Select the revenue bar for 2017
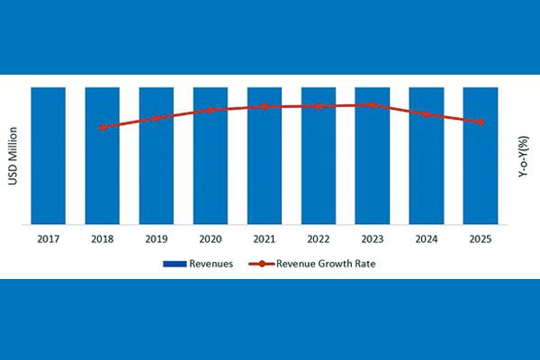pyautogui.click(x=48, y=155)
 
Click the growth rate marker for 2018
pyautogui.click(x=103, y=128)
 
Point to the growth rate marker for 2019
pyautogui.click(x=157, y=118)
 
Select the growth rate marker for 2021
pyautogui.click(x=265, y=106)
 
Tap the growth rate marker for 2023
pyautogui.click(x=373, y=105)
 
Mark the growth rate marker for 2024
pyautogui.click(x=427, y=114)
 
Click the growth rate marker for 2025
pyautogui.click(x=481, y=121)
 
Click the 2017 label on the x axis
pyautogui.click(x=48, y=239)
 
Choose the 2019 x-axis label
pyautogui.click(x=157, y=239)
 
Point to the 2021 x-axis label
pyautogui.click(x=265, y=239)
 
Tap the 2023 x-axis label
pyautogui.click(x=373, y=239)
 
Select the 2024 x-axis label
pyautogui.click(x=427, y=239)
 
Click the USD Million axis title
pyautogui.click(x=13, y=156)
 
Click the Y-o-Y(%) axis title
pyautogui.click(x=523, y=156)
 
